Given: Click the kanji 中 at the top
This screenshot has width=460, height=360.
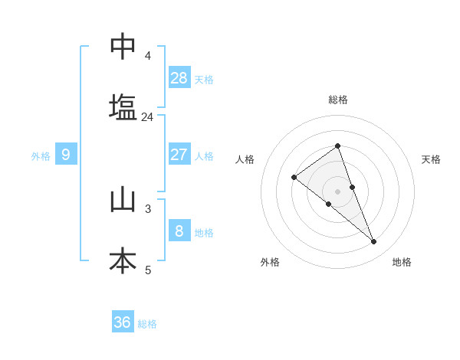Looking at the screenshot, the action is pos(123,47).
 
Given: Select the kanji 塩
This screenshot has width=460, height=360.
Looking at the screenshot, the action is pos(123,108).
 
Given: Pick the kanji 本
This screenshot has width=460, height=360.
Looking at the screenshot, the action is pos(123,261).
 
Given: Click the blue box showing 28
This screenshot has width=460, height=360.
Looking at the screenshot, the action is pos(179,78).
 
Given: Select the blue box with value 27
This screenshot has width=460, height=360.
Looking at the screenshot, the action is pos(179,155).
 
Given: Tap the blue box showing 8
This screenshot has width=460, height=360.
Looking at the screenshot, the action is pos(179,231).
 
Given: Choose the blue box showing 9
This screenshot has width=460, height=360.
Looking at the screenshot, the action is pos(66,155).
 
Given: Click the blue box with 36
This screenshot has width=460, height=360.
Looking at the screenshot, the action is pos(123,322).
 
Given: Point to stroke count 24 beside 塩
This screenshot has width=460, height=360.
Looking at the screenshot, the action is pos(147,117).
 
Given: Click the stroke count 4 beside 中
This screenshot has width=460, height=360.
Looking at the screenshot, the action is pos(147,56).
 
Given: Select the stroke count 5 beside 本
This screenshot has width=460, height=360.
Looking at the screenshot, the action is pos(148,270).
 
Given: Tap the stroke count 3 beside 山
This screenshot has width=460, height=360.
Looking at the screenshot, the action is pos(148,208).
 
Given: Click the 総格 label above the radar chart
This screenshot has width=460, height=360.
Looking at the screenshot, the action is pos(337,100).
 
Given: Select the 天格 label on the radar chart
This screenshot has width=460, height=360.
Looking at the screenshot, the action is pos(431,159).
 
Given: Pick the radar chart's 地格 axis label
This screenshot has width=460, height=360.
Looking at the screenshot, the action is pos(402,263).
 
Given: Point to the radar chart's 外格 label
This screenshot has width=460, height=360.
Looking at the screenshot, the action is pos(270,263).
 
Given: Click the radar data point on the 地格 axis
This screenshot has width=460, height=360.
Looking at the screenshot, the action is pos(374,241).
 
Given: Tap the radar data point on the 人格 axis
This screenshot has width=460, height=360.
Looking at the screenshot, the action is pos(294,177).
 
